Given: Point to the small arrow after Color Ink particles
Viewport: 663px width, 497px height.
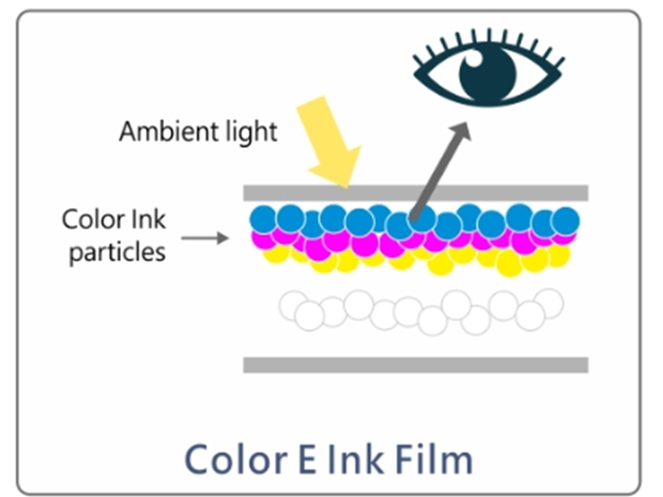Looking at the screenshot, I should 204,239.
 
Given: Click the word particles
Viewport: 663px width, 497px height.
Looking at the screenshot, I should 117,251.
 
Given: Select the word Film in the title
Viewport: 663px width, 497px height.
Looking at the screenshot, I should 433,458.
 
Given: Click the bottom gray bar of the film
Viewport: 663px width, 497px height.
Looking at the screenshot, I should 415,364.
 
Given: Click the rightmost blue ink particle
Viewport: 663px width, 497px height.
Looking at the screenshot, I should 566,220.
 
